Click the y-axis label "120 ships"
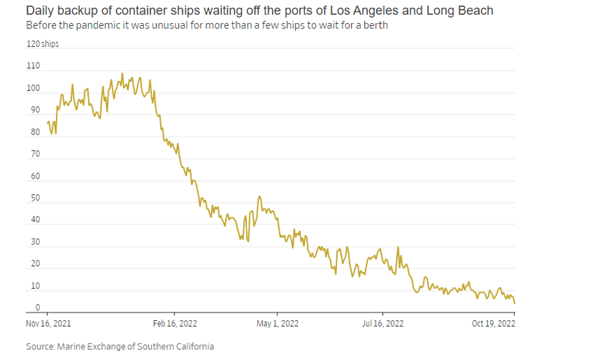(x=42, y=43)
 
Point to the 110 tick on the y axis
(x=33, y=66)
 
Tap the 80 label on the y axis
(x=33, y=132)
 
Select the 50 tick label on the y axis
(x=33, y=198)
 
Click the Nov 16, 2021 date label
(x=49, y=323)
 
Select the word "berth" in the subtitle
(x=374, y=26)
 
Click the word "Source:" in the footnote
(x=40, y=346)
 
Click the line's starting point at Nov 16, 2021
(x=48, y=122)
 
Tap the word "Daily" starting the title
(x=41, y=12)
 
